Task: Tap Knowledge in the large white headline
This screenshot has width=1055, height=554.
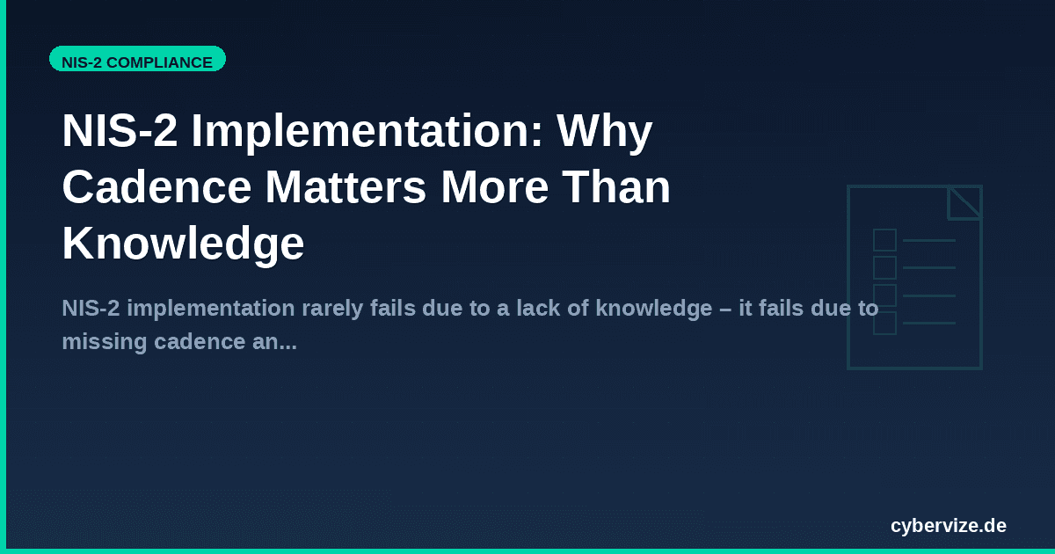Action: click(x=183, y=244)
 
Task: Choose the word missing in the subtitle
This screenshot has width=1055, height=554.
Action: click(x=99, y=341)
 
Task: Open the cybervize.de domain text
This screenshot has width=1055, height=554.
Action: click(x=948, y=526)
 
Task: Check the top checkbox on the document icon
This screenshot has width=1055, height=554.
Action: click(x=884, y=240)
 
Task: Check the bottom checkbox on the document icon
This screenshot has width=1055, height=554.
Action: click(x=884, y=324)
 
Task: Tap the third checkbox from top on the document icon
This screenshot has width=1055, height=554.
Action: click(x=884, y=295)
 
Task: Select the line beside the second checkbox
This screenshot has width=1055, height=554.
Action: click(x=928, y=267)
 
